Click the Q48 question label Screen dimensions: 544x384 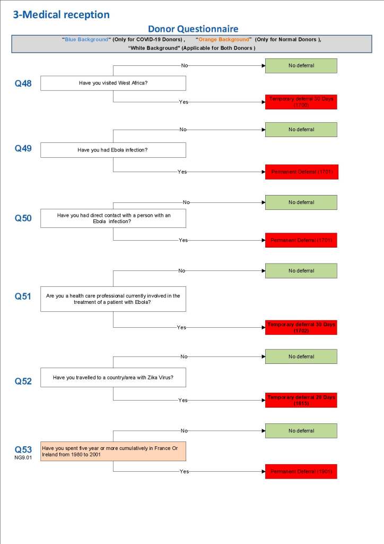tap(23, 83)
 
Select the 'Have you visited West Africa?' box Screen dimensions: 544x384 tap(113, 83)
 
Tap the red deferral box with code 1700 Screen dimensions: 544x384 tap(301, 102)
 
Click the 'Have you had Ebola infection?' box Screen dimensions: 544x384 tap(113, 150)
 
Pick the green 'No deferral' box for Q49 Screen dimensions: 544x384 tap(301, 130)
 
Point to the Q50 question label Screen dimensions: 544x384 tap(23, 218)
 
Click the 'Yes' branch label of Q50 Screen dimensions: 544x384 tap(183, 240)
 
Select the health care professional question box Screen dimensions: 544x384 tap(113, 299)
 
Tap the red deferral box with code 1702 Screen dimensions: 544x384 tap(301, 327)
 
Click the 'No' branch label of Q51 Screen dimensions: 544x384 tap(182, 270)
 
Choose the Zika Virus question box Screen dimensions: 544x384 tap(113, 378)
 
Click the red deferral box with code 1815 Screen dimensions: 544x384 tap(301, 401)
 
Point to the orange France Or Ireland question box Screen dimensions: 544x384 tap(113, 451)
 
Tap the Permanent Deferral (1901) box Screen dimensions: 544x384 tap(301, 471)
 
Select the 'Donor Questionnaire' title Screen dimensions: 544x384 tap(193, 29)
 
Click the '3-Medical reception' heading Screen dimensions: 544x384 tap(61, 14)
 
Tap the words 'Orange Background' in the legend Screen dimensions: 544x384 tap(223, 40)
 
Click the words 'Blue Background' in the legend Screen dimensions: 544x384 tap(86, 40)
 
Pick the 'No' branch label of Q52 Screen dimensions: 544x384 tap(184, 356)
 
